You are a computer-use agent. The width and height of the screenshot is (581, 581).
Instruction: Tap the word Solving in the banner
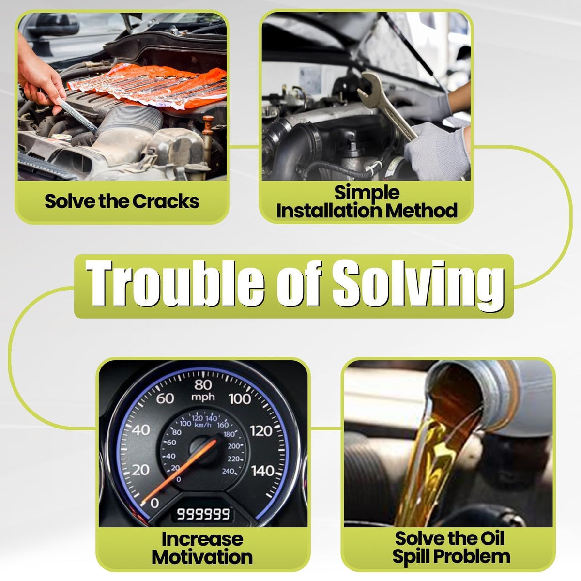coord(418,285)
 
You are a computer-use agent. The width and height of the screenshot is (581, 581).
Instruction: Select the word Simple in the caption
coord(367,194)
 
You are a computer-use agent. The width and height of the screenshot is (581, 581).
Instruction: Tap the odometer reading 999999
coord(203,514)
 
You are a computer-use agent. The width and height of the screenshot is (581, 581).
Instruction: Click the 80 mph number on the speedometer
coord(203,385)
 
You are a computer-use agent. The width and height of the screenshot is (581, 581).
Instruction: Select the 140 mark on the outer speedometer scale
coord(262,471)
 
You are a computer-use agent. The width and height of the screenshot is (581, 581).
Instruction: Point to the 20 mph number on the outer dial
coord(140,470)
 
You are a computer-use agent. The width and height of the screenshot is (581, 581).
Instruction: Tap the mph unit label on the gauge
coord(203,398)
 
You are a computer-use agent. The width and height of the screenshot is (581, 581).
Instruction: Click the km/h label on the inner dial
coord(203,425)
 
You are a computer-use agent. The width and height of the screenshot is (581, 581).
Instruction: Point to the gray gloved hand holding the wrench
coord(437,151)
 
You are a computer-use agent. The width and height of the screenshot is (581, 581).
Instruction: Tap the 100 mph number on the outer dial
coord(240,399)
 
